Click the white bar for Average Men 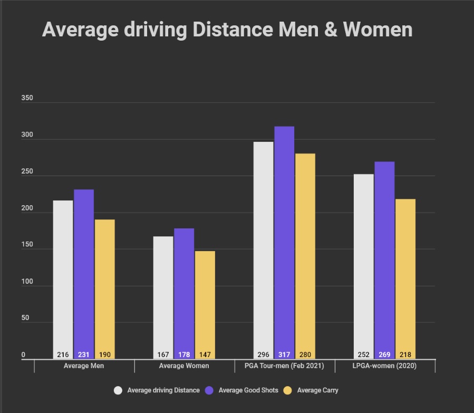[x=63, y=274]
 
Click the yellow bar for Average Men [x=104, y=285]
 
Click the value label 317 [x=284, y=355]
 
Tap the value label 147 [x=205, y=355]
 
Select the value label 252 [x=364, y=355]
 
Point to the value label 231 [x=84, y=355]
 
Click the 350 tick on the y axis [x=27, y=99]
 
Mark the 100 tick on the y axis [x=27, y=282]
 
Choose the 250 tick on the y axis [x=27, y=172]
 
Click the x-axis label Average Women [x=184, y=366]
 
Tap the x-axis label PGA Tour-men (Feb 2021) [x=284, y=366]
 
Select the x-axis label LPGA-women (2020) [x=384, y=366]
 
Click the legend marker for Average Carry [x=287, y=390]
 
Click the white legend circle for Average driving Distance [x=118, y=390]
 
